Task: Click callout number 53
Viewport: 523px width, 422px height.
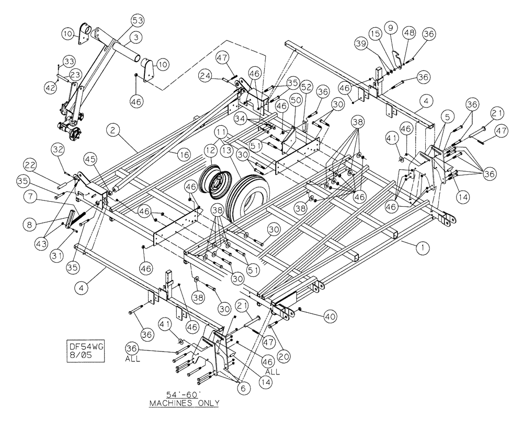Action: click(138, 21)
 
